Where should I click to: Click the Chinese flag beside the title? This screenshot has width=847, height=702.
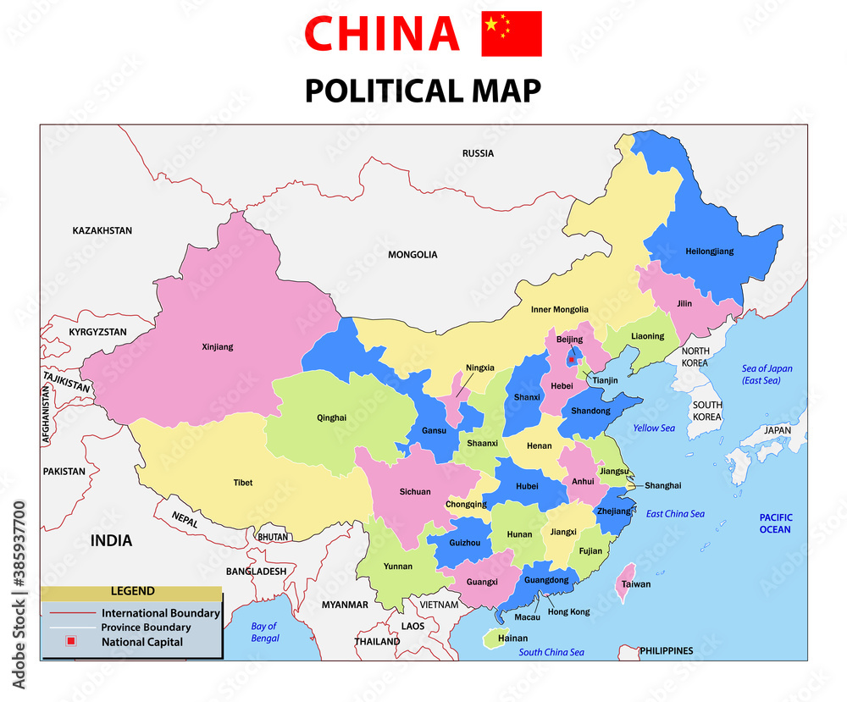tap(512, 34)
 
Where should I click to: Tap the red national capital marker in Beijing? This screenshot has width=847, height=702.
tap(572, 360)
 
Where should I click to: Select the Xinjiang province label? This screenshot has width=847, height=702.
tap(218, 346)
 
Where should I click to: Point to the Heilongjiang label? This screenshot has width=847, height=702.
tap(710, 252)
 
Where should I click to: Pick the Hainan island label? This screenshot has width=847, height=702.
tap(512, 638)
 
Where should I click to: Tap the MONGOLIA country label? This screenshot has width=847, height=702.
tap(412, 254)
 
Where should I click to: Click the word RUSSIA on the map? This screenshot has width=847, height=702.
tap(478, 153)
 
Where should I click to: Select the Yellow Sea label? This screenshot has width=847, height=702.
tap(654, 428)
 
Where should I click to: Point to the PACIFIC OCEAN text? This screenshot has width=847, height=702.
tap(774, 523)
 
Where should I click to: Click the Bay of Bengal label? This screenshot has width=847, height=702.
tap(264, 633)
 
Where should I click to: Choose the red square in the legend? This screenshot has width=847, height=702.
tap(71, 642)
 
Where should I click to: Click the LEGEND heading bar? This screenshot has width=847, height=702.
tap(131, 591)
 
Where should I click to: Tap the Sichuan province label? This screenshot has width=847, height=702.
tap(415, 492)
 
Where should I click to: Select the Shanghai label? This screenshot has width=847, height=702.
tap(662, 485)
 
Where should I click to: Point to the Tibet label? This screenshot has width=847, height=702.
tap(243, 483)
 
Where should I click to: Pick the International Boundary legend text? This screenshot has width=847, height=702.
tap(161, 613)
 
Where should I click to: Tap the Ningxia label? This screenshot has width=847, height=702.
tap(479, 368)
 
